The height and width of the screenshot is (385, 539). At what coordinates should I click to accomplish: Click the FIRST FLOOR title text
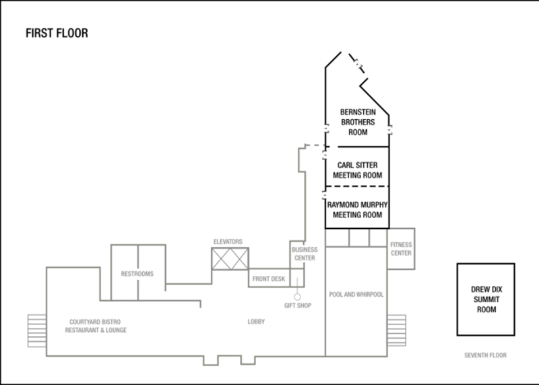pyautogui.click(x=57, y=33)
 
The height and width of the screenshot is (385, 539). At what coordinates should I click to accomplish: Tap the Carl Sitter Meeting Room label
pyautogui.click(x=358, y=170)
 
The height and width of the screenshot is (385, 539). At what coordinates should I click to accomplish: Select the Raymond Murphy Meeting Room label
pyautogui.click(x=358, y=209)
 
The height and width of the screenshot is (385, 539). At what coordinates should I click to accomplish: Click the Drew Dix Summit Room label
pyautogui.click(x=486, y=299)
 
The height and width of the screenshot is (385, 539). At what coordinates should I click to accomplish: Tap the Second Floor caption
pyautogui.click(x=485, y=355)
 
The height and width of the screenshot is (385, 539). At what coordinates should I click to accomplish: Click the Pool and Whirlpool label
pyautogui.click(x=356, y=294)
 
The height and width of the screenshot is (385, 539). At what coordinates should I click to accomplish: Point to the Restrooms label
pyautogui.click(x=137, y=273)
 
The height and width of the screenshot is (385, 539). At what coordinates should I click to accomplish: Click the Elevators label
pyautogui.click(x=228, y=241)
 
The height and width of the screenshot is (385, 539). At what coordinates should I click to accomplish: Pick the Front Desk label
pyautogui.click(x=268, y=278)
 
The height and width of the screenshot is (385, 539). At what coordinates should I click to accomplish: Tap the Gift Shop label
pyautogui.click(x=296, y=305)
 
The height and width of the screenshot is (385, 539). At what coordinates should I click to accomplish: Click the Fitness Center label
pyautogui.click(x=402, y=249)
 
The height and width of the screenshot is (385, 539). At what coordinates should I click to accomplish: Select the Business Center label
pyautogui.click(x=304, y=254)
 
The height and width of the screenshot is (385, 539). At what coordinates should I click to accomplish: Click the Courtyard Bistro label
pyautogui.click(x=96, y=326)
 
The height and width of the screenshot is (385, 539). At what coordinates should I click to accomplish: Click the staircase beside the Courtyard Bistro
pyautogui.click(x=36, y=330)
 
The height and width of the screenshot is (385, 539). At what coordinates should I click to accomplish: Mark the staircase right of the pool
pyautogui.click(x=397, y=330)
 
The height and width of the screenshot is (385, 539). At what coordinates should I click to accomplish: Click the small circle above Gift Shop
pyautogui.click(x=296, y=296)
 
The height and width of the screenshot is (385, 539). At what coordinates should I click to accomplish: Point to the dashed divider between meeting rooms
pyautogui.click(x=358, y=186)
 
